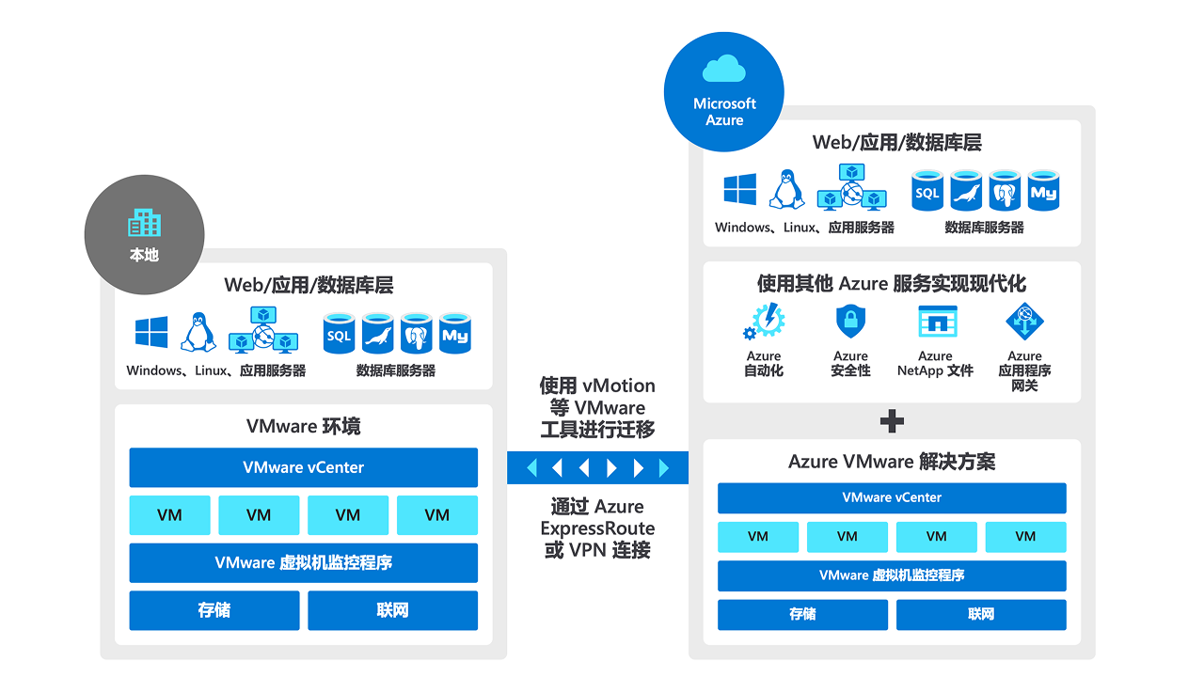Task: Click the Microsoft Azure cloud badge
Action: coord(724,92)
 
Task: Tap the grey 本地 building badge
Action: coord(144,235)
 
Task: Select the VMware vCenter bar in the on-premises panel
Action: coord(303,467)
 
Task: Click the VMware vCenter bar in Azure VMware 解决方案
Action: coord(892,497)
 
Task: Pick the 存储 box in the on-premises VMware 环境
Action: coord(214,610)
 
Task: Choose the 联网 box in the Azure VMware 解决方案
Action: coord(981,614)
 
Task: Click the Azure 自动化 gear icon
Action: coord(765,322)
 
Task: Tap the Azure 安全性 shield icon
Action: coord(850,322)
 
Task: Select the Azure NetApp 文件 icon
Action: coord(937,322)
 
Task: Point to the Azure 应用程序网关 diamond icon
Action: coord(1024,322)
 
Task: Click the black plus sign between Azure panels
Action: coord(892,421)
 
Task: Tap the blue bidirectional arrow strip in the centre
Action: coord(597,467)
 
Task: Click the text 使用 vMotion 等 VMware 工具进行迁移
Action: coord(597,407)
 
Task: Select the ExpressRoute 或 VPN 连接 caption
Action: coord(597,528)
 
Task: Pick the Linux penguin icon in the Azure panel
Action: coord(786,189)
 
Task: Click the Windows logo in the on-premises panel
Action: coord(151,332)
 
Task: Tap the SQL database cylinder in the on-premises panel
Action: coord(339,334)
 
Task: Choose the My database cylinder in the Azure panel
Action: coord(1043,191)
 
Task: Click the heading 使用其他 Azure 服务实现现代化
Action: coord(892,284)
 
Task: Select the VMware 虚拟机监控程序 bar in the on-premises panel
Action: coord(303,562)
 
